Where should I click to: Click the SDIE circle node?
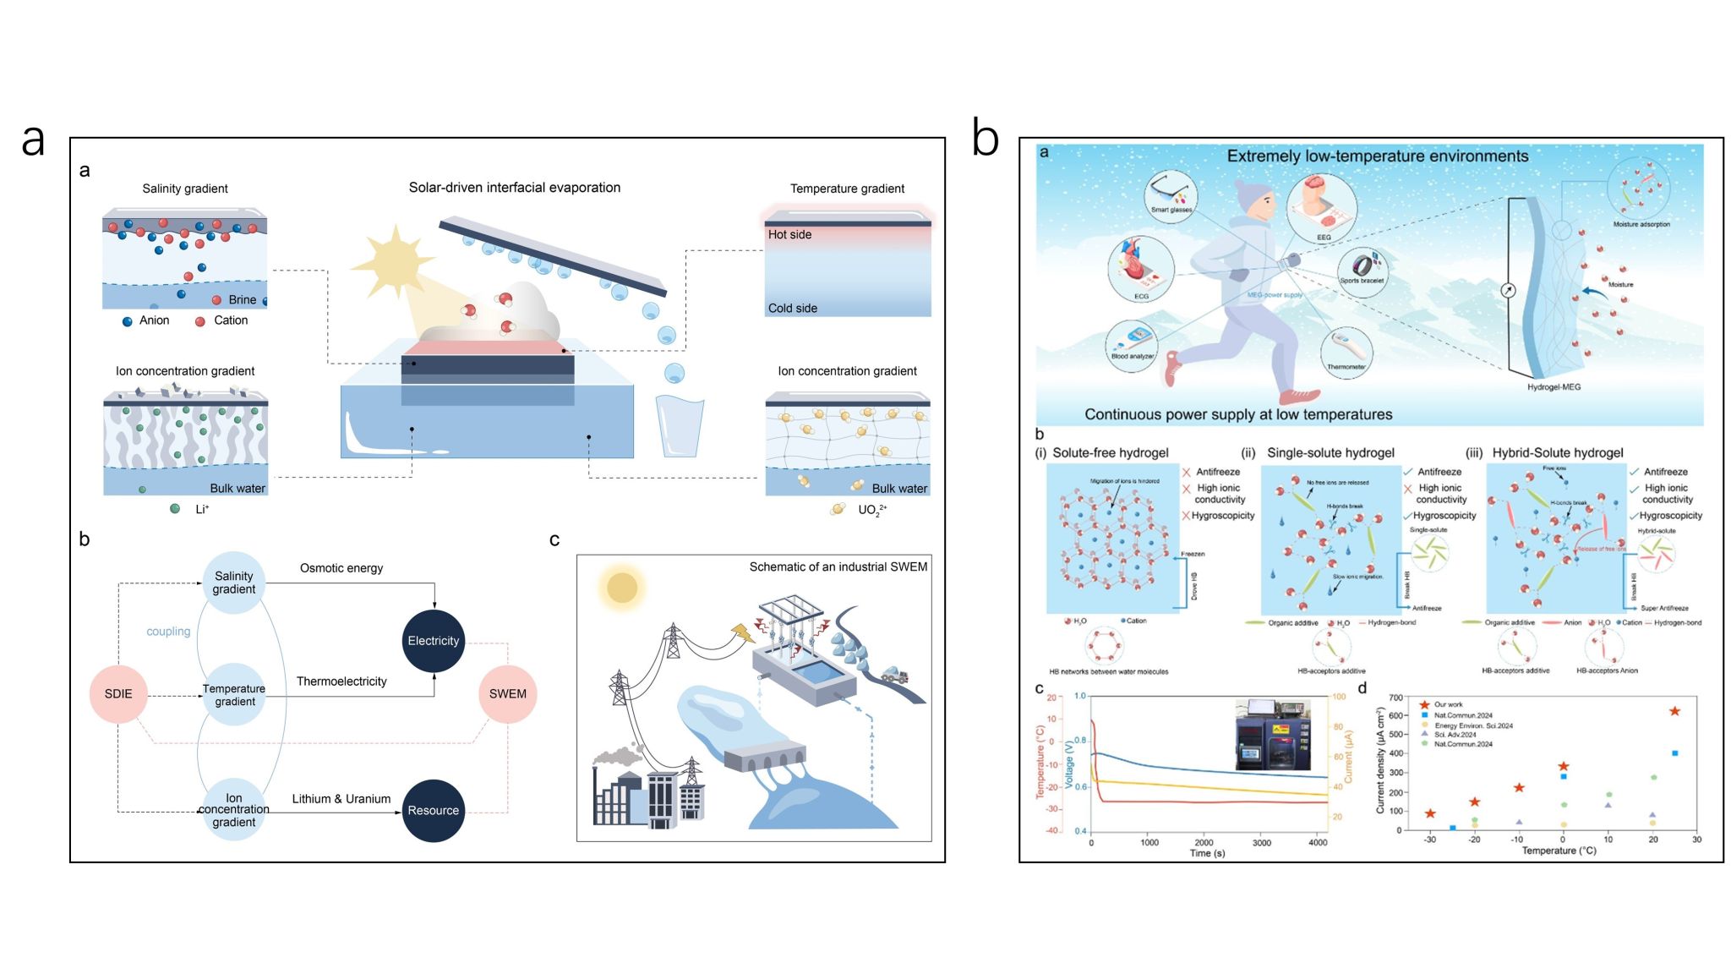[118, 694]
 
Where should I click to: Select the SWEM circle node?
[507, 694]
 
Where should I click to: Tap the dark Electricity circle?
[434, 641]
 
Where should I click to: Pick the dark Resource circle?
[434, 810]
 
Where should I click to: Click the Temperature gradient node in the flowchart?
[234, 695]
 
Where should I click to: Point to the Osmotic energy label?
[341, 568]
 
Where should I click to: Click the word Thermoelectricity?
[341, 681]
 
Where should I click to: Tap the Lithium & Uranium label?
[341, 799]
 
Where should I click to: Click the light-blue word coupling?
[168, 632]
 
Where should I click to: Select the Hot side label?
[789, 235]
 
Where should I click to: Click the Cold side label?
[792, 309]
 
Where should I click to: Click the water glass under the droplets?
[680, 427]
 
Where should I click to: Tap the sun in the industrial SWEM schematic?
[622, 588]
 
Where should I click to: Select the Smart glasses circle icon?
[1171, 196]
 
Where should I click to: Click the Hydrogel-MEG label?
[1554, 387]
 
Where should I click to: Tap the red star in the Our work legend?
[1424, 704]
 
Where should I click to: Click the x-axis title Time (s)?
[1207, 853]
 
